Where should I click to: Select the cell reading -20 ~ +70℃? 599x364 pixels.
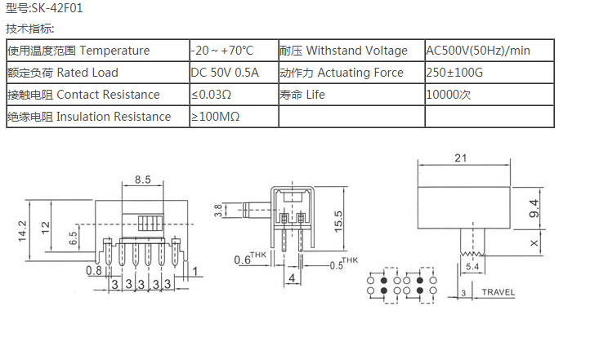222,51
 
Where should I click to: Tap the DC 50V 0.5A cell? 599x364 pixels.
225,73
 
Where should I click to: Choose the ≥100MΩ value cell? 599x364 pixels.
216,117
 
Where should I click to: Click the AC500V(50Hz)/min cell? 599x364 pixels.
478,51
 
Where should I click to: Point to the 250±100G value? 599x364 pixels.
454,73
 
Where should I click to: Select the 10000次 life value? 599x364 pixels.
448,95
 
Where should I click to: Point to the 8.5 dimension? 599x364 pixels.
142,180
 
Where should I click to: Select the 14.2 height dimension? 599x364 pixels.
23,231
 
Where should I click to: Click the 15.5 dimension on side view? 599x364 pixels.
337,220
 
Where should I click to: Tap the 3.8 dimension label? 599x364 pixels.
217,211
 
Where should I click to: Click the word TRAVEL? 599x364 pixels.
498,291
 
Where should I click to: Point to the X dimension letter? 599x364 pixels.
533,243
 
